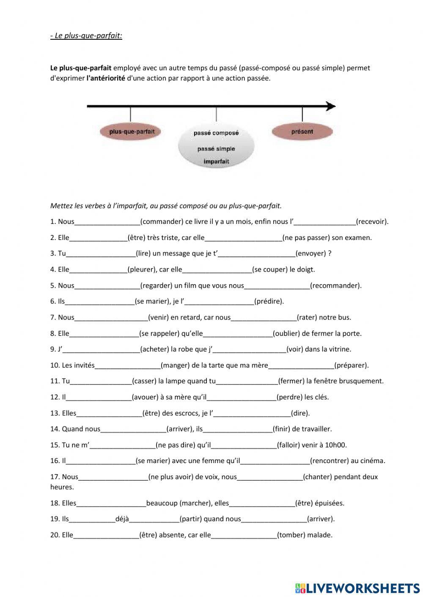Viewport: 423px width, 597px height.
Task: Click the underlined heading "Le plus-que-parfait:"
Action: [86, 36]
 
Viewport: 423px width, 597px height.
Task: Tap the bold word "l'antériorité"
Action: [106, 78]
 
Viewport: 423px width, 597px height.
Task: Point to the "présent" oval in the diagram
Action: [302, 132]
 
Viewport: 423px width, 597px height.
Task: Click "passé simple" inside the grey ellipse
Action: [216, 149]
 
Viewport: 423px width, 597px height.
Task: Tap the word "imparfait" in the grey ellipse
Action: [216, 161]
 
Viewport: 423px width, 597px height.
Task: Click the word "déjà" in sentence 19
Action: [122, 519]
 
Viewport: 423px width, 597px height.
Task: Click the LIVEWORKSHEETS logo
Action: [357, 588]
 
